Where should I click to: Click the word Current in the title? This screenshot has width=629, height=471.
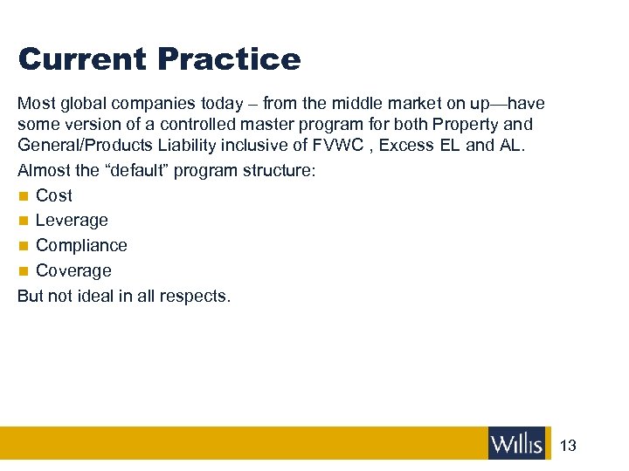pyautogui.click(x=82, y=59)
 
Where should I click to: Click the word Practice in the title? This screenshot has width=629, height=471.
pyautogui.click(x=229, y=59)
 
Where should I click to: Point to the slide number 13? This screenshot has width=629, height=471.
pyautogui.click(x=568, y=446)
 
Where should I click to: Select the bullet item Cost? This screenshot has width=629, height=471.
pyautogui.click(x=54, y=195)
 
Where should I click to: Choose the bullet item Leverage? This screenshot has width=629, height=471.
pyautogui.click(x=72, y=221)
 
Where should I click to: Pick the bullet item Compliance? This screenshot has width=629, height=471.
pyautogui.click(x=81, y=246)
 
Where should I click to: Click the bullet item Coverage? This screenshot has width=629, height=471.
pyautogui.click(x=73, y=271)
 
